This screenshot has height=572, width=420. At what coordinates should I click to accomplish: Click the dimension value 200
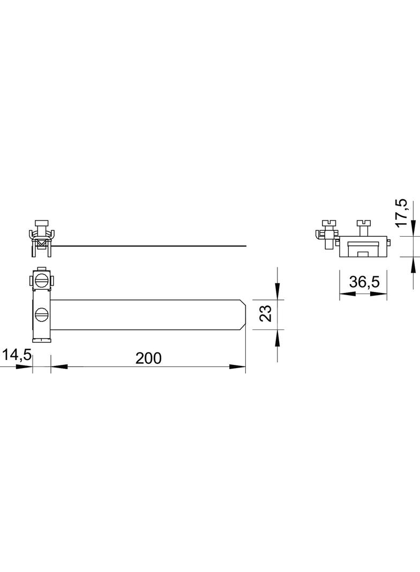coord(148,358)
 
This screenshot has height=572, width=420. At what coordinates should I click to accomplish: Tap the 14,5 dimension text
coord(17,355)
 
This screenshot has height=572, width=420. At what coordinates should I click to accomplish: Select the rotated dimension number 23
coord(266,313)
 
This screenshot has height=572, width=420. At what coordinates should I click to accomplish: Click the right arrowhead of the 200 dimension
coord(237,366)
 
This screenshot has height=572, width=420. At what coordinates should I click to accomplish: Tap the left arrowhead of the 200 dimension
coord(59,366)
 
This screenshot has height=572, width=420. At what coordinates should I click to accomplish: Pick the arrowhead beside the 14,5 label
coord(25,366)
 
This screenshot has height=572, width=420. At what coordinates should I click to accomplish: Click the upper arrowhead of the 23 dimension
coord(277,291)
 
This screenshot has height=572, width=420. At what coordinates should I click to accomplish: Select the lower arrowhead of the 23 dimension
coord(277,338)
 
